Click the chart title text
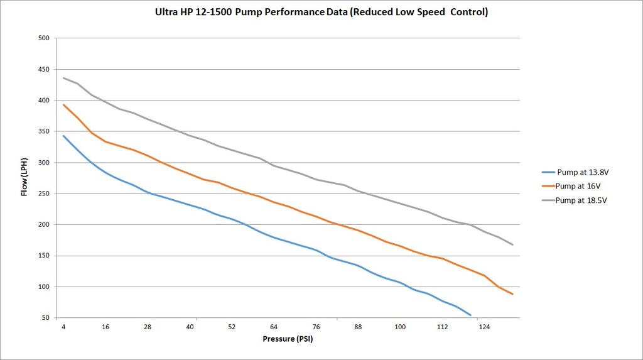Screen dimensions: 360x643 321,12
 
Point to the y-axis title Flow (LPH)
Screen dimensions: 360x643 25,178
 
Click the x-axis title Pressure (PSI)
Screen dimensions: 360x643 288,339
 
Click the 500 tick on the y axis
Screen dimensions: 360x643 43,38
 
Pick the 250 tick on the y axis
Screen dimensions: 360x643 43,194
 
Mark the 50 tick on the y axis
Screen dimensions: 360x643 45,318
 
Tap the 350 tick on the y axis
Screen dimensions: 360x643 43,131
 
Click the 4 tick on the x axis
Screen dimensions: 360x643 63,327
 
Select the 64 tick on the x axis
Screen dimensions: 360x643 274,327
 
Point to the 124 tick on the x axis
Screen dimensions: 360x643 484,327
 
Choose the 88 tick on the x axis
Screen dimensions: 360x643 358,327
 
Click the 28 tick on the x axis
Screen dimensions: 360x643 148,327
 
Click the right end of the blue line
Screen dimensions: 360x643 470,315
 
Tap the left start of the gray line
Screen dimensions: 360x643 63,78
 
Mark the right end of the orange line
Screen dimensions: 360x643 513,294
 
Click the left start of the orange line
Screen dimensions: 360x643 63,104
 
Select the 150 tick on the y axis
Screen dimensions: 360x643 43,256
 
